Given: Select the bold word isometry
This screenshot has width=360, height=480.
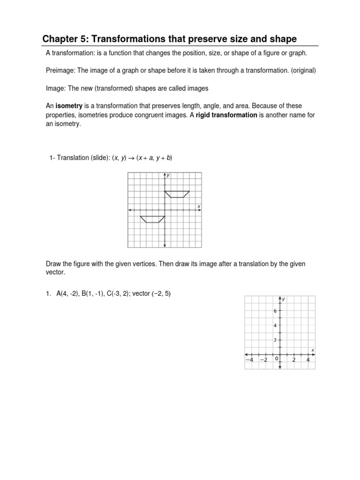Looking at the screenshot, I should [x=69, y=106].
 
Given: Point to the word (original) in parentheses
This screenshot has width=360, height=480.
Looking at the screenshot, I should [x=302, y=71].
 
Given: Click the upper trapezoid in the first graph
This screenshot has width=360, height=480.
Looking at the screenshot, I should [x=177, y=194].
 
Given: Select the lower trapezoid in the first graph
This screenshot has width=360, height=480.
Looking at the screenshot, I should [x=152, y=219].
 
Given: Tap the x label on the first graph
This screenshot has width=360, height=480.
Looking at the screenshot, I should [x=199, y=206].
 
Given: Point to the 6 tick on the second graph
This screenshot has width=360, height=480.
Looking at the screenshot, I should [x=275, y=311].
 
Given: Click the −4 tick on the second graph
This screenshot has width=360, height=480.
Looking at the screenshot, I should [x=250, y=360].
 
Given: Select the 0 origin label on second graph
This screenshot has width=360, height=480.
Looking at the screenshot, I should [x=276, y=359].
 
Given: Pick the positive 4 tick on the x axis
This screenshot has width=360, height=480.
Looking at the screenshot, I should [x=308, y=360].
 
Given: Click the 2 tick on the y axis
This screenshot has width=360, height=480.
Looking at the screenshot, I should [x=275, y=340].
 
